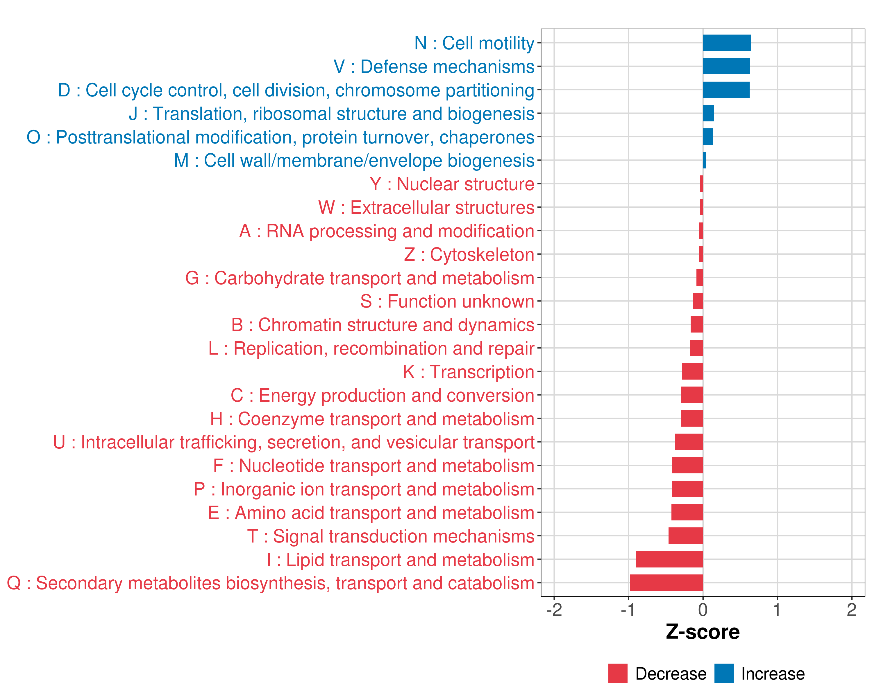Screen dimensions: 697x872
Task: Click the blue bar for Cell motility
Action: pos(726,43)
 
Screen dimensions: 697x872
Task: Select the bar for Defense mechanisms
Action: pos(726,66)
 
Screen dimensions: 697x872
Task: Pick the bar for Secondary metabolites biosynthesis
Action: pos(666,583)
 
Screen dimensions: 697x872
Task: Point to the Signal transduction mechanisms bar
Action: pos(686,536)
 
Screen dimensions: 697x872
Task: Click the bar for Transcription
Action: pos(692,371)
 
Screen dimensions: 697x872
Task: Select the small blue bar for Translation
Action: pos(708,113)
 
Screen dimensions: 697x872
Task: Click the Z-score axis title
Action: pos(703,632)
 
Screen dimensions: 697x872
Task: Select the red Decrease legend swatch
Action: pos(618,673)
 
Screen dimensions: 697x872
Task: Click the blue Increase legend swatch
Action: pos(723,673)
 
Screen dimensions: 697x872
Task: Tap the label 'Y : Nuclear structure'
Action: pos(452,184)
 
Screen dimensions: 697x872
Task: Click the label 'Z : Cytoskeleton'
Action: pos(469,255)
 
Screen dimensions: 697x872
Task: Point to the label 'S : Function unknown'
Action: pos(447,301)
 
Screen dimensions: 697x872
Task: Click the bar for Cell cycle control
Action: pos(726,90)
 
